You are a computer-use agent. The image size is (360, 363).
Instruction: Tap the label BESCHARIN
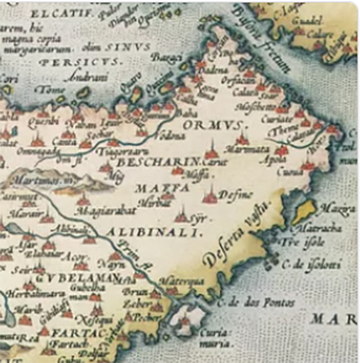point(163,160)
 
